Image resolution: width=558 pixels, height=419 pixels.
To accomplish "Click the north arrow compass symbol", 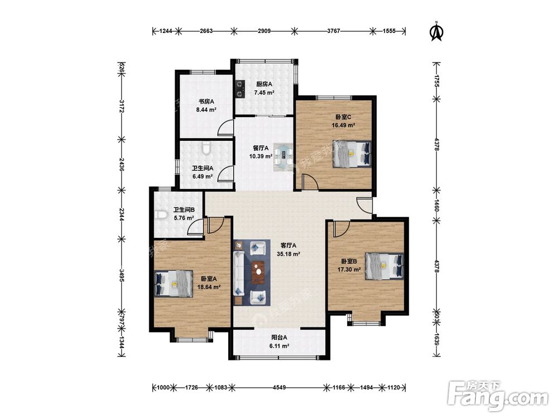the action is pyautogui.click(x=437, y=32).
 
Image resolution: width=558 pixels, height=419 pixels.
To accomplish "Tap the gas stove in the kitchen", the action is pyautogui.click(x=240, y=89).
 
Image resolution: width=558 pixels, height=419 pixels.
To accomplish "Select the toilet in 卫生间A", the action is pyautogui.click(x=206, y=148).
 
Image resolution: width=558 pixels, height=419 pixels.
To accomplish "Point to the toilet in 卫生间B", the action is pyautogui.click(x=161, y=215).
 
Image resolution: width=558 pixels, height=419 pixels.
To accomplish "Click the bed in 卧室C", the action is pyautogui.click(x=352, y=154).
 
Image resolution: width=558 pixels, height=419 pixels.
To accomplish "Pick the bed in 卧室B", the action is pyautogui.click(x=384, y=266).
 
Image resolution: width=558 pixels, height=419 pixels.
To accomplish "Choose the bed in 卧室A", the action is pyautogui.click(x=174, y=284).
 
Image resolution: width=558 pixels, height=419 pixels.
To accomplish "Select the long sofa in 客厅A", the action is pyautogui.click(x=239, y=273).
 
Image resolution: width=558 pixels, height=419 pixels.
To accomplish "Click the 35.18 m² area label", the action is pyautogui.click(x=288, y=254).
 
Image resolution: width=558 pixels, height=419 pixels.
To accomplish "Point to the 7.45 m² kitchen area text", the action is pyautogui.click(x=264, y=93).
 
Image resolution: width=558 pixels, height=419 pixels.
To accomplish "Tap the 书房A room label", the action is pyautogui.click(x=206, y=102).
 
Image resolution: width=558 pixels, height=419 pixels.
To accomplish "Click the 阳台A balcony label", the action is pyautogui.click(x=279, y=337).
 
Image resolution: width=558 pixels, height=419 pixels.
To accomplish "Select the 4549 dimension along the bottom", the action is pyautogui.click(x=279, y=387).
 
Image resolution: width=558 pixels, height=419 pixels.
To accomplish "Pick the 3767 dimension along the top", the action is pyautogui.click(x=334, y=31).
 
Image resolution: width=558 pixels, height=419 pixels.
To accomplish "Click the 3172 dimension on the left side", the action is pyautogui.click(x=122, y=106).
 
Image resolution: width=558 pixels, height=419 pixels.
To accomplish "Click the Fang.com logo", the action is pyautogui.click(x=498, y=396).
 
